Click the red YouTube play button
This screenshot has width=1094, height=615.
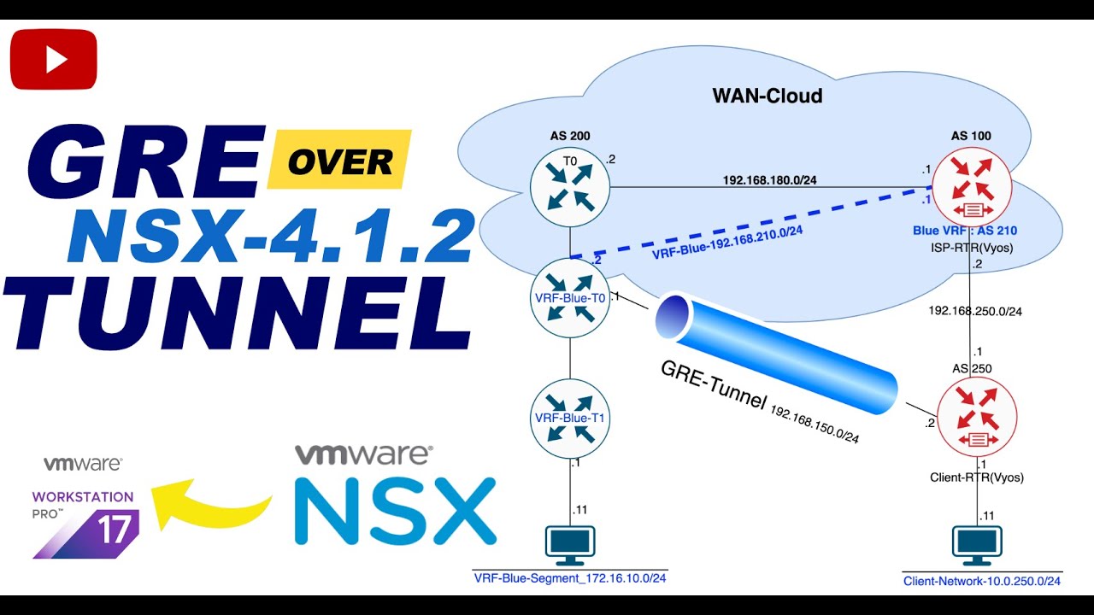point(54,59)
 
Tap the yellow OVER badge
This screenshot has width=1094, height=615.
point(339,160)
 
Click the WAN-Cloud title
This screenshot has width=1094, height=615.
point(767,96)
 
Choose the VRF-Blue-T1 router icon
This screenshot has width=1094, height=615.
point(568,418)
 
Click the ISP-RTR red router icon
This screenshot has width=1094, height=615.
point(971,186)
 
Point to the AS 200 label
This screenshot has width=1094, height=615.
point(570,136)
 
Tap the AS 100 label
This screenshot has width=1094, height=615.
point(971,136)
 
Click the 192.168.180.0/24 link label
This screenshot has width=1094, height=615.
point(769,180)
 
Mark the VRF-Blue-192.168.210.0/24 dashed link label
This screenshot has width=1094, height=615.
point(726,241)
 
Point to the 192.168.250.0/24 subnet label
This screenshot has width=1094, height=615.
point(975,311)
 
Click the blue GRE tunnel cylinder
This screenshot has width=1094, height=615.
point(778,351)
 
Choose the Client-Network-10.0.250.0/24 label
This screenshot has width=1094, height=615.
point(982,582)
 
